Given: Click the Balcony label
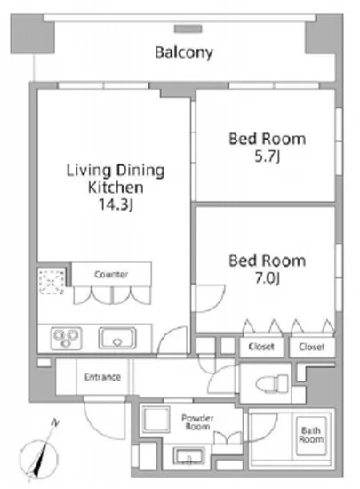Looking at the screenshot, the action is click(x=184, y=52).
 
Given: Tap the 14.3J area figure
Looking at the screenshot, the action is click(x=116, y=204).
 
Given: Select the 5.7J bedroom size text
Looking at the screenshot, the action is click(x=268, y=156).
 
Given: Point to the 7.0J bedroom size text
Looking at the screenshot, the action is click(x=268, y=278).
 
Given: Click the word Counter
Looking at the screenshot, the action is click(x=111, y=275).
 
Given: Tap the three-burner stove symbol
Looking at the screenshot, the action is click(x=66, y=338).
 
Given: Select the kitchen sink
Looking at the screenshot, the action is click(x=117, y=338).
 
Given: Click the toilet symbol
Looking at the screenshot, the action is click(x=272, y=382).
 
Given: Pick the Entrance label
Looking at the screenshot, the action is click(x=102, y=377).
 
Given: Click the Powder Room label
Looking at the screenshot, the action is click(x=197, y=422).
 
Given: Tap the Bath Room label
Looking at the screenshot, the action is click(x=311, y=435).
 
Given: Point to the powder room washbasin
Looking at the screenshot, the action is click(x=188, y=457).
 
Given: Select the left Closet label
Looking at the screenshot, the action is click(x=261, y=347).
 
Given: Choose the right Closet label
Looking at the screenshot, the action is click(x=311, y=347).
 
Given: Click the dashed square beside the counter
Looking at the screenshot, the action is click(x=52, y=282).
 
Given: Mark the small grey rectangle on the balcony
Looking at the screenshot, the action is click(x=188, y=29).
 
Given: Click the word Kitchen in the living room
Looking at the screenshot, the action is click(x=116, y=188).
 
